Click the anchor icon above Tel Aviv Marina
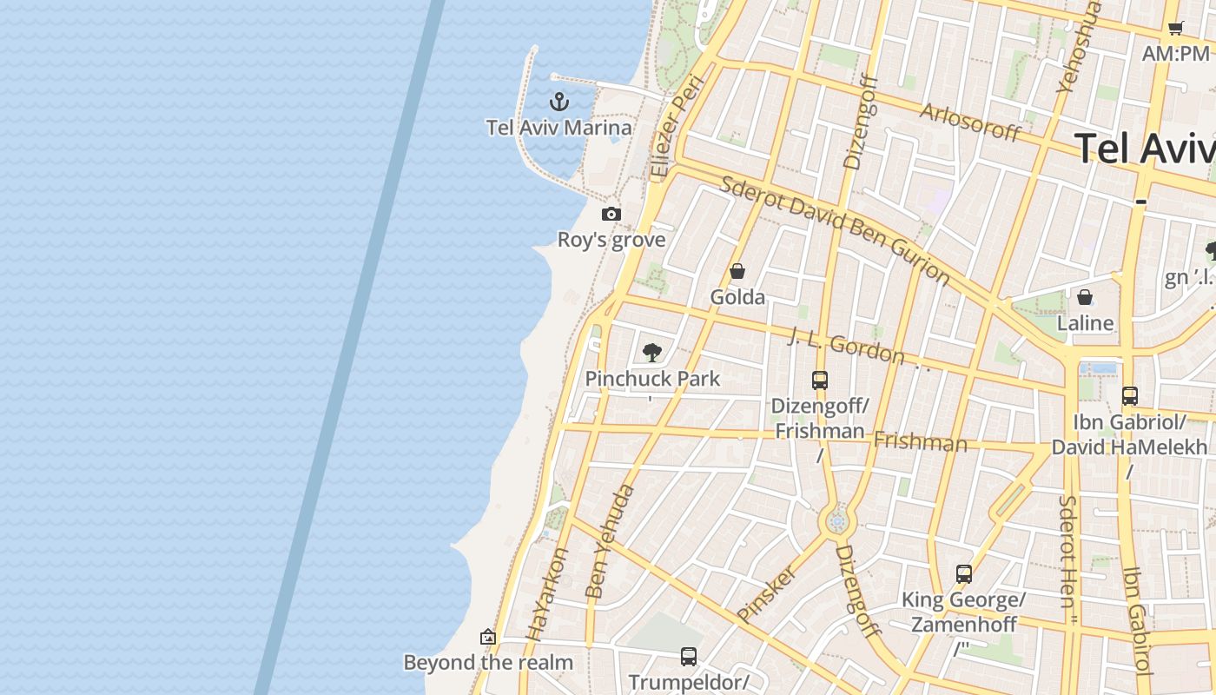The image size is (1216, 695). coord(559,102)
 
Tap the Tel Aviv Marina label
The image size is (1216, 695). coord(558,128)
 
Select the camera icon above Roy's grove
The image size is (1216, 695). coord(611,214)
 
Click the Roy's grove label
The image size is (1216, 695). coord(611,240)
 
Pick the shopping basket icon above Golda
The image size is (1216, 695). coord(737,271)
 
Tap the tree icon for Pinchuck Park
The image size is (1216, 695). coord(652,352)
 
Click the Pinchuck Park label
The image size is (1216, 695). coord(652,379)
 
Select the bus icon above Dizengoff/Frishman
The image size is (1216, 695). coord(820,380)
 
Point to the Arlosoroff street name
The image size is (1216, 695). coord(970,122)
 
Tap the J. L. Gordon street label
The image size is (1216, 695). coord(846,346)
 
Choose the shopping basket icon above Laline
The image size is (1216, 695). coord(1085,297)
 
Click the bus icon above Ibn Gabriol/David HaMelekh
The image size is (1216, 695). coord(1130,396)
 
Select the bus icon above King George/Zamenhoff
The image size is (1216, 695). coord(964,573)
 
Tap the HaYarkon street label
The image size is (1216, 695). coord(547,593)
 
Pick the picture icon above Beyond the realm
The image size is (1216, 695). coord(488,637)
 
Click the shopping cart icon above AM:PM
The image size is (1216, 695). coord(1175,28)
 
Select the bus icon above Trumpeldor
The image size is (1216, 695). coord(689,656)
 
